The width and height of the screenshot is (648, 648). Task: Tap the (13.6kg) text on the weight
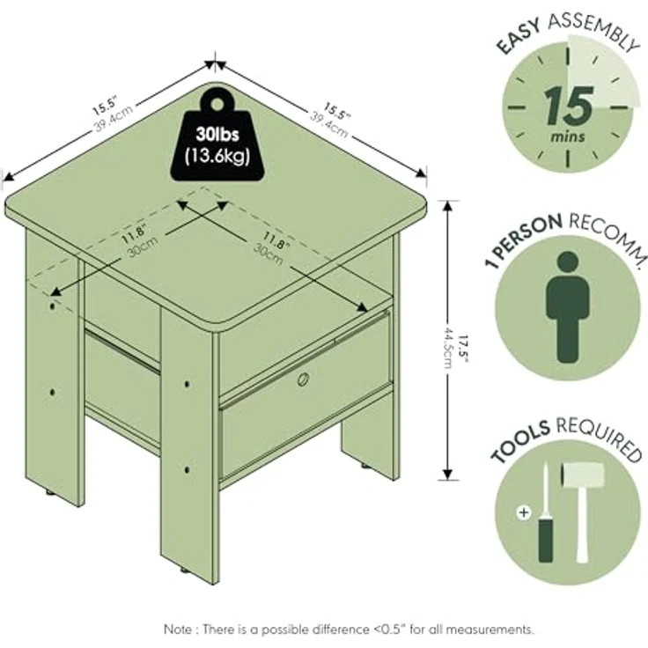(x=217, y=156)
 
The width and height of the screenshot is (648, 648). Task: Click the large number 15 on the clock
(x=569, y=107)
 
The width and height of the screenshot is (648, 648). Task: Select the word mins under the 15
(x=568, y=136)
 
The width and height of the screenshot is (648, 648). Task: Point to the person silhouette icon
(x=567, y=307)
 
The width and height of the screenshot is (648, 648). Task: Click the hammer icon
(x=583, y=512)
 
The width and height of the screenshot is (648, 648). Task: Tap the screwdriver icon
(x=546, y=513)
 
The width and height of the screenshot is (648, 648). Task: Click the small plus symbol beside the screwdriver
(x=524, y=513)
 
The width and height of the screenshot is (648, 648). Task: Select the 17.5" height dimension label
(x=464, y=350)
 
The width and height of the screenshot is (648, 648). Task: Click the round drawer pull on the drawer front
(x=304, y=379)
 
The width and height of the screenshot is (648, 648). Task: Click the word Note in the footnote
(x=179, y=630)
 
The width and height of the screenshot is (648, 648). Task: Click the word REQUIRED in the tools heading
(x=600, y=438)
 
